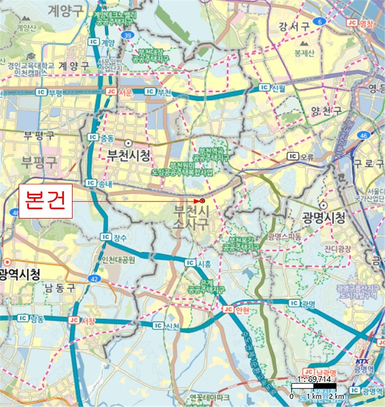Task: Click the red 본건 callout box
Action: click(45, 201)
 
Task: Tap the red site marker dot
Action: click(202, 201)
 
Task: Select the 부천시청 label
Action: click(128, 155)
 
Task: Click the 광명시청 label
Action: click(323, 218)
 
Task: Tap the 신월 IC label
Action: click(272, 88)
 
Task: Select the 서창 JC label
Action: click(82, 320)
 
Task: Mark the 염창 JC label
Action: click(360, 23)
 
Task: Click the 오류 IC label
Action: click(301, 156)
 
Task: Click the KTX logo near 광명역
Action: click(361, 361)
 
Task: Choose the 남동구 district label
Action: click(60, 287)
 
